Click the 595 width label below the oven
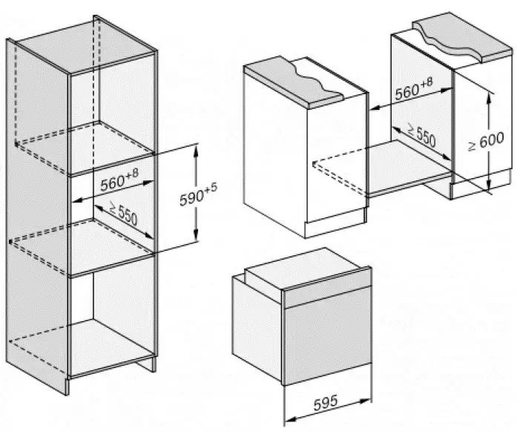click(323, 401)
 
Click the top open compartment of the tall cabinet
click(111, 111)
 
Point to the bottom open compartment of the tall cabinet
click(111, 319)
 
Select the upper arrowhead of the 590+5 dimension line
click(197, 148)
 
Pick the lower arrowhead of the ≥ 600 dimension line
click(489, 187)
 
